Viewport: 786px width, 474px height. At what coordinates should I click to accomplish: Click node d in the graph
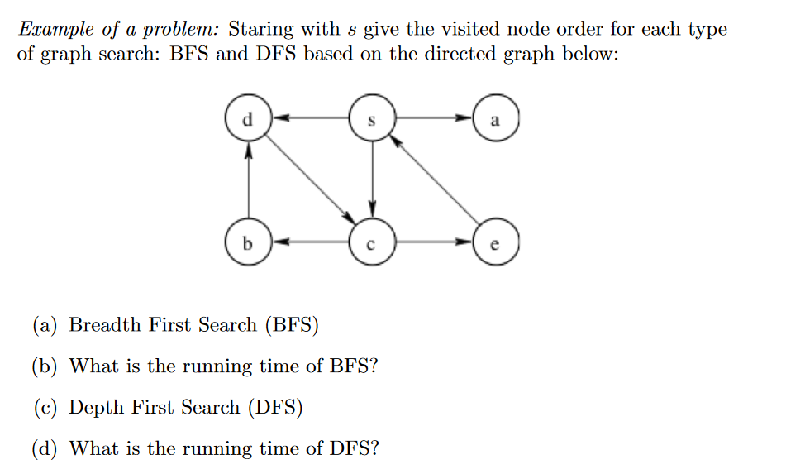click(x=247, y=118)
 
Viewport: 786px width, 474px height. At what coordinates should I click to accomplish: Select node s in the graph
click(x=371, y=119)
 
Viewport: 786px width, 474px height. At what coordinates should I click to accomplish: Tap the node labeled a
click(x=495, y=119)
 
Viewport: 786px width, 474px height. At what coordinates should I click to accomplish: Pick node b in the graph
click(x=247, y=243)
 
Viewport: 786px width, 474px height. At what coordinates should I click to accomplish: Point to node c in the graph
click(x=371, y=243)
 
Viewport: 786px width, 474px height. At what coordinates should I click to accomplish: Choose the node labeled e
click(x=495, y=243)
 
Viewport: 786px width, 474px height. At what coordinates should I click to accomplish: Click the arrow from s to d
click(x=309, y=119)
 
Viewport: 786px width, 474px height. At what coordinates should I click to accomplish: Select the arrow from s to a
click(x=433, y=119)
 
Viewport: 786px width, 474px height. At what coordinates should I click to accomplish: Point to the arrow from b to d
click(x=247, y=181)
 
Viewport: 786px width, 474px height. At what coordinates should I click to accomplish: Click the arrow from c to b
click(x=309, y=243)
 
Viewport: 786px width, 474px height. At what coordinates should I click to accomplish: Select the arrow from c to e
click(x=433, y=243)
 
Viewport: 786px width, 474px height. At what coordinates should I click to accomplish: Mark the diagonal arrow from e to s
click(x=433, y=179)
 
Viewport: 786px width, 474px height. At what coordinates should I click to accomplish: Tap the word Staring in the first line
click(x=260, y=31)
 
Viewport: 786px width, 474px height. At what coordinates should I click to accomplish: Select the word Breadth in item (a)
click(x=106, y=325)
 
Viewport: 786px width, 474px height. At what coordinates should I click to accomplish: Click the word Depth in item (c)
click(x=98, y=408)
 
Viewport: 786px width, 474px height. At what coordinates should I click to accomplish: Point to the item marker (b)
click(x=45, y=366)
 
